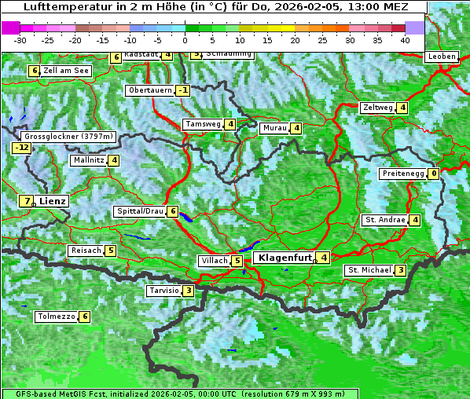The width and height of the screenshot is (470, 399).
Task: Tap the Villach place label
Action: coord(214,261)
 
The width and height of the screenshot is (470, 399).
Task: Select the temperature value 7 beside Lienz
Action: coord(27,201)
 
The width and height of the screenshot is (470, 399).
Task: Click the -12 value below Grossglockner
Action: coord(21,148)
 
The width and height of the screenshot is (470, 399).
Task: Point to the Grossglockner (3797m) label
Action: coord(69,136)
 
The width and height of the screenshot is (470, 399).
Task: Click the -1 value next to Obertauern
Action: coord(182,90)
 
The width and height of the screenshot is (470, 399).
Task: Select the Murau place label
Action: coord(274,128)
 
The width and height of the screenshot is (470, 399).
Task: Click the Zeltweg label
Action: coord(376,108)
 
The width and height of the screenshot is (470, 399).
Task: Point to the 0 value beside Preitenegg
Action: coord(433,174)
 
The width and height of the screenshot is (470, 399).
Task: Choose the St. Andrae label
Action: coord(384,220)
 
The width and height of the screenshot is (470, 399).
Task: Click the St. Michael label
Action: coord(369,270)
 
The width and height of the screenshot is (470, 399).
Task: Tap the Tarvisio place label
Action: coord(163,291)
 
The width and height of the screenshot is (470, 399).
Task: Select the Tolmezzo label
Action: coord(56,317)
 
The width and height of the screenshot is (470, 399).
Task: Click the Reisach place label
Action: coord(86,251)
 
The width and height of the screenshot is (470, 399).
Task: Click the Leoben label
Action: coord(442,57)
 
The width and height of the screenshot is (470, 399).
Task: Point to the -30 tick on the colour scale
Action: coord(20,39)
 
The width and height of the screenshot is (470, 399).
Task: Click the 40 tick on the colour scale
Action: coord(405,39)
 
